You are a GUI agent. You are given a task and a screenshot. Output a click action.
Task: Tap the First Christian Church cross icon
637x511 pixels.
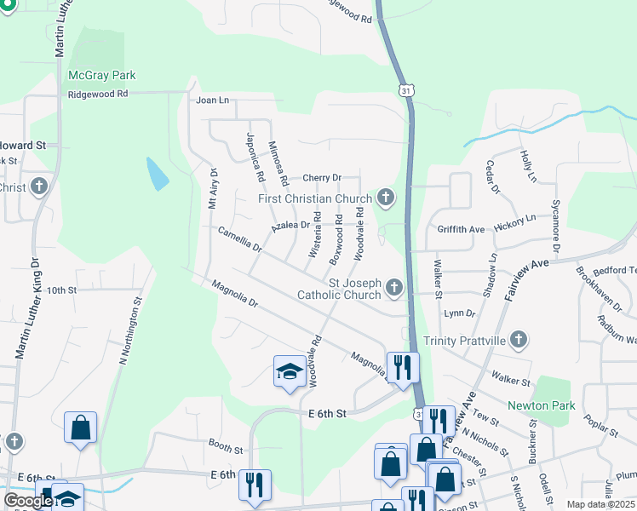point(386,199)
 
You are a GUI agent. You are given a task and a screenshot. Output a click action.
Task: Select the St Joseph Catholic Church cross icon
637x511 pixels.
point(393,288)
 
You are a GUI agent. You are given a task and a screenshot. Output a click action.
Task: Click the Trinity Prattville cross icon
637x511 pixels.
point(519,341)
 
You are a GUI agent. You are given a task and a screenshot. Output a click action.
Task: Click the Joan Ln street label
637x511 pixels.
point(213,100)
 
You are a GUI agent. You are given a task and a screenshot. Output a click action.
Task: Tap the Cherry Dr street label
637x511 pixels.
point(321,178)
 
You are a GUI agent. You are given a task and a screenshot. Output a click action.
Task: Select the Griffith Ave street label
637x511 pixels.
point(461,229)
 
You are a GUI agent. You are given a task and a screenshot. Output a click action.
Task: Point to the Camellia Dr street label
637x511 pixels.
point(239,238)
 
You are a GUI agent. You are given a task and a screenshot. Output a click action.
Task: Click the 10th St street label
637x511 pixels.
point(62,290)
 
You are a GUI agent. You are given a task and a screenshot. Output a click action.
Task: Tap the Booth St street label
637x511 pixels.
point(226,448)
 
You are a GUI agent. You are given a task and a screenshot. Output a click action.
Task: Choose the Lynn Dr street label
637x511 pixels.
point(459,313)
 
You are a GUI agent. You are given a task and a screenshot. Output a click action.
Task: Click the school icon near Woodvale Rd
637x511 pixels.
point(290,371)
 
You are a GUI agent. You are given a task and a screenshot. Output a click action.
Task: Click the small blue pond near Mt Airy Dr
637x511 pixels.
point(157,174)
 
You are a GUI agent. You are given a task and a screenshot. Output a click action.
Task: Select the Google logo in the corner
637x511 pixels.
point(28,501)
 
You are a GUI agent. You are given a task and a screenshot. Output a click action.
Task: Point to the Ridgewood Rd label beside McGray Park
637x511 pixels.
point(98,94)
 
